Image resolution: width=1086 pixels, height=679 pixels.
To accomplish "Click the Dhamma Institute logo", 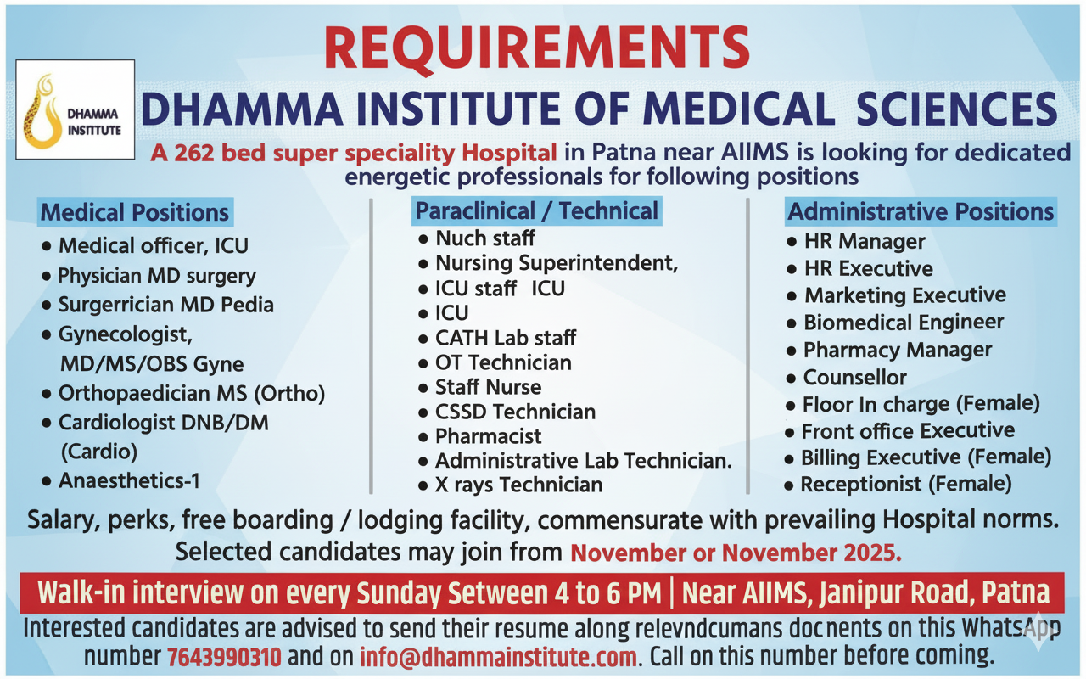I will [74, 109].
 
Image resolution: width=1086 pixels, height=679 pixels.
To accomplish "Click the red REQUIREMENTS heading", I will [536, 48].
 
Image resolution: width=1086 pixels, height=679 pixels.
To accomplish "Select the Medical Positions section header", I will [135, 212].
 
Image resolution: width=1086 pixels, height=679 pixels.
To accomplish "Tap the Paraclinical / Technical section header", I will [536, 210].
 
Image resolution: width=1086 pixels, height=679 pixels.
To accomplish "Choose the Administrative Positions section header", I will [921, 211].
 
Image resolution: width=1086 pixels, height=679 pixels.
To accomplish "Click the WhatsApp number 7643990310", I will [225, 656].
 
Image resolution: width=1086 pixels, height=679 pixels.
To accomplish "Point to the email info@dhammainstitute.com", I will [498, 656].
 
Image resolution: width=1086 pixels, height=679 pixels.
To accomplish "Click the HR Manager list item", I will [864, 241].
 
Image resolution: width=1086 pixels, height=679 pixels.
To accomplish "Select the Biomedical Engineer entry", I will [903, 323].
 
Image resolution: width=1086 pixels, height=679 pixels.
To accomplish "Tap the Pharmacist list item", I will [488, 436].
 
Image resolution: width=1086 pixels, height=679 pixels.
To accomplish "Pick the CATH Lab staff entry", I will [506, 338].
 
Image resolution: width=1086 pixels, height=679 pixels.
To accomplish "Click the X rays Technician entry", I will [518, 485].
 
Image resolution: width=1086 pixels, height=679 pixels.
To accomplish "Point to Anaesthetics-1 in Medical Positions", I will [129, 480].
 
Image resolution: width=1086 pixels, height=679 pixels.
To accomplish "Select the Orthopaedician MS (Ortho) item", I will [191, 394].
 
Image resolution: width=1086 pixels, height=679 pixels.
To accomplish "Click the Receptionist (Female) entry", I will [905, 484].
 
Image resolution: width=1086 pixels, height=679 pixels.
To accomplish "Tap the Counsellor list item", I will [854, 377].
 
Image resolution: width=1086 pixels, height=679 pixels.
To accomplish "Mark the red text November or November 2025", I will [736, 553].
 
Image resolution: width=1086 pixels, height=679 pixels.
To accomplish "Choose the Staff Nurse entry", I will [488, 387].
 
